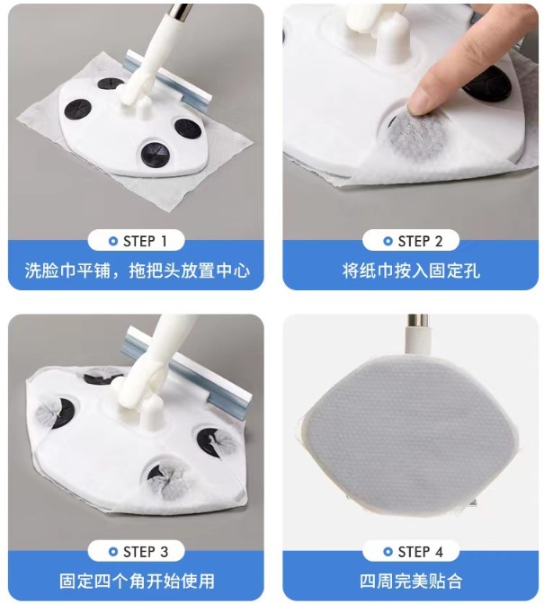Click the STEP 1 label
[145, 242]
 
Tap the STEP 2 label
[420, 242]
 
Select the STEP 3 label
[146, 552]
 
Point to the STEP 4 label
[420, 552]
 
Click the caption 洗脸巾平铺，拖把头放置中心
[137, 271]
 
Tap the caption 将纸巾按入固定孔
[411, 271]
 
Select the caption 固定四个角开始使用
[137, 581]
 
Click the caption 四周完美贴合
[411, 581]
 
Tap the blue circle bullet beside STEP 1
[113, 242]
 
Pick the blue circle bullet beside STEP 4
[388, 552]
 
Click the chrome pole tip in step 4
[418, 321]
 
